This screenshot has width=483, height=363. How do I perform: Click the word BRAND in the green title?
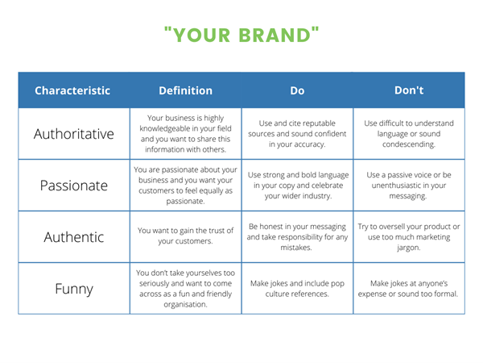click(x=275, y=35)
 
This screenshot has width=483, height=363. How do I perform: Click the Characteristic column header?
click(x=72, y=90)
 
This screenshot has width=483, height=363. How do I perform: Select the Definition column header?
click(x=185, y=90)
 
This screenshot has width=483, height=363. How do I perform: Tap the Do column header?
click(x=297, y=90)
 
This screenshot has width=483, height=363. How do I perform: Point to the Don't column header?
click(x=409, y=90)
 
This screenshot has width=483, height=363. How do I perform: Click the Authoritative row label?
click(x=74, y=134)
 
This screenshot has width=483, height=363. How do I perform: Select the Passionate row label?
click(x=74, y=186)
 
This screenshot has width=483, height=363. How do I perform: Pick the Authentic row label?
click(x=74, y=237)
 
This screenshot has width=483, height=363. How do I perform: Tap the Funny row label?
click(x=74, y=290)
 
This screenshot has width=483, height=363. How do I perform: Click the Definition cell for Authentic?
click(x=185, y=236)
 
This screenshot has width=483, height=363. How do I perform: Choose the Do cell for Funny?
click(x=297, y=289)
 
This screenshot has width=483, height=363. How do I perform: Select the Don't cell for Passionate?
click(x=409, y=186)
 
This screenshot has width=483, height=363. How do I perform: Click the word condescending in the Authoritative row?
click(x=409, y=144)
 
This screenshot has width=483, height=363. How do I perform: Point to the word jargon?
click(x=409, y=248)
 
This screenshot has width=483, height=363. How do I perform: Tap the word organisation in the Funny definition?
click(x=185, y=305)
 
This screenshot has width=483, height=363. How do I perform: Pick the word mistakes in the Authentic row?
click(x=296, y=248)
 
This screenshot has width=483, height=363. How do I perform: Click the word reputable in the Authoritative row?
click(x=318, y=123)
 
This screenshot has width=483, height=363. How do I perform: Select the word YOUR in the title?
click(x=201, y=35)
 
